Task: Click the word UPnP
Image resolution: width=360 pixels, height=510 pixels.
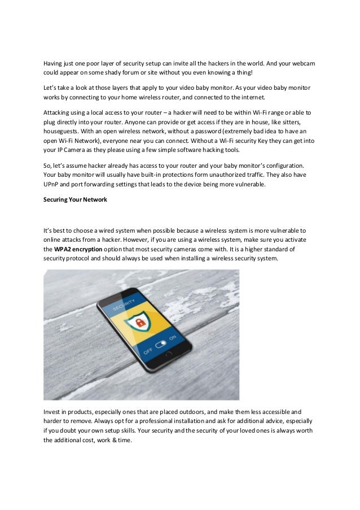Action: pyautogui.click(x=52, y=185)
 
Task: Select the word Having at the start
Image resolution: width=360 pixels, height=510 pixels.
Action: pyautogui.click(x=55, y=64)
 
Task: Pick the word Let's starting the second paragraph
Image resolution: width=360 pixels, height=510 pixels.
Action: pyautogui.click(x=51, y=89)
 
